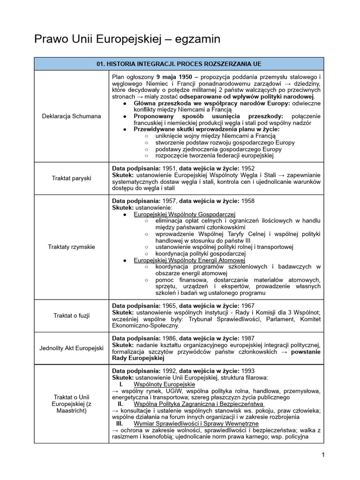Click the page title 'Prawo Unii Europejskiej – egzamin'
(x=127, y=39)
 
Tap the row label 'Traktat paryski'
(x=72, y=178)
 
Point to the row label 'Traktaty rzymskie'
(x=72, y=247)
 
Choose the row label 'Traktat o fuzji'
(x=72, y=315)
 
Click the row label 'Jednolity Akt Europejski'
(x=72, y=348)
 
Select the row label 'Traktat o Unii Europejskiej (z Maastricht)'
(x=72, y=404)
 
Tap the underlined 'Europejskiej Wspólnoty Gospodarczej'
(x=178, y=214)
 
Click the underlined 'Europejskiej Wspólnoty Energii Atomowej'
(x=183, y=260)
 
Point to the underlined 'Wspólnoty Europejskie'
(x=157, y=384)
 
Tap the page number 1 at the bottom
(x=323, y=454)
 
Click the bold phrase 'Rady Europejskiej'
(x=138, y=358)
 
